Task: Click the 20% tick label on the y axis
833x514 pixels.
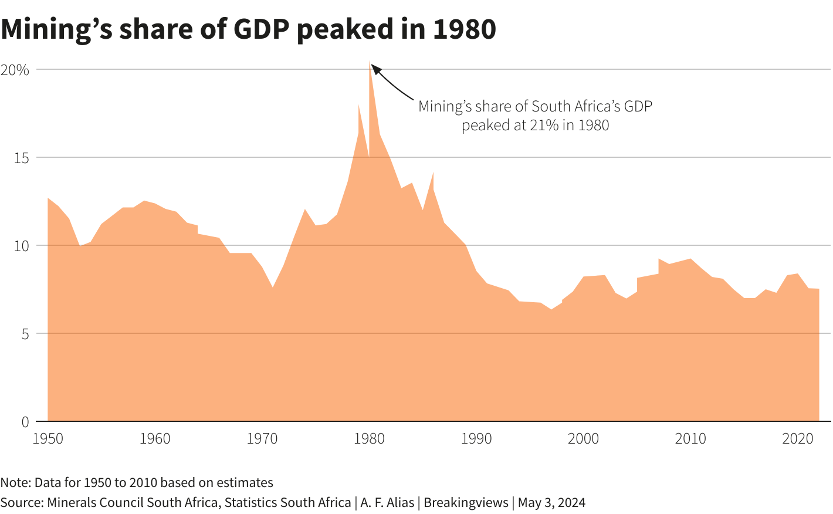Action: (15, 70)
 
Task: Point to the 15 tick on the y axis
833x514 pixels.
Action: (21, 158)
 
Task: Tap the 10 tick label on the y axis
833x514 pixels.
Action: (21, 246)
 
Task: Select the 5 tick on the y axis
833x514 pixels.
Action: (25, 334)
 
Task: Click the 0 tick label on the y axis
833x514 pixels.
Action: (25, 422)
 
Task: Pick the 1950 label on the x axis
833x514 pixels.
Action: (48, 439)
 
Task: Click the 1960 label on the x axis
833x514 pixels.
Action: (155, 439)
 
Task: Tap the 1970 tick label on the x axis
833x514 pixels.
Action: (262, 439)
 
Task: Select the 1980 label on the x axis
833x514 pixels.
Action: (370, 439)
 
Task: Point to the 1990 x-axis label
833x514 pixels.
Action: (476, 439)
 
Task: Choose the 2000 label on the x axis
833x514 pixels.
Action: (584, 439)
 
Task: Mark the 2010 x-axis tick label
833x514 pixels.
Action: (690, 439)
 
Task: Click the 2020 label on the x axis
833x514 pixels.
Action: (798, 439)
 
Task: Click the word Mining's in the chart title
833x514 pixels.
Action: (56, 29)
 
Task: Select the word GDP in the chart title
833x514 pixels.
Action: (261, 29)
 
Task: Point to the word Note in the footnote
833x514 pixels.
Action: (15, 483)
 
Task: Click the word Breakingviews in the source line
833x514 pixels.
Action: (466, 503)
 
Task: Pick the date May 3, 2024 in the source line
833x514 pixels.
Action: (551, 503)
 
